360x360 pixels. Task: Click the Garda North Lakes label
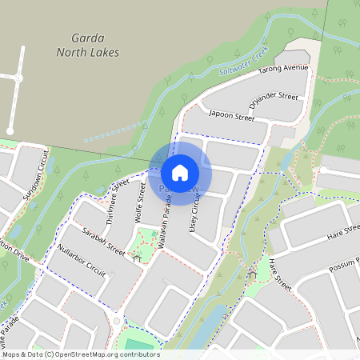point(87,45)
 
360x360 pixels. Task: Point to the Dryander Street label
point(273,102)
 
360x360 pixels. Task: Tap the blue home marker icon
point(180,172)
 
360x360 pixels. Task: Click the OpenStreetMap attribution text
point(80,354)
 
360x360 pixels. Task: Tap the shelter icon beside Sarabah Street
point(137,258)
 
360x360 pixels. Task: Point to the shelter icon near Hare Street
point(254,275)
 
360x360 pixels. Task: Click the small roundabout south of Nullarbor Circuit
point(117,321)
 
